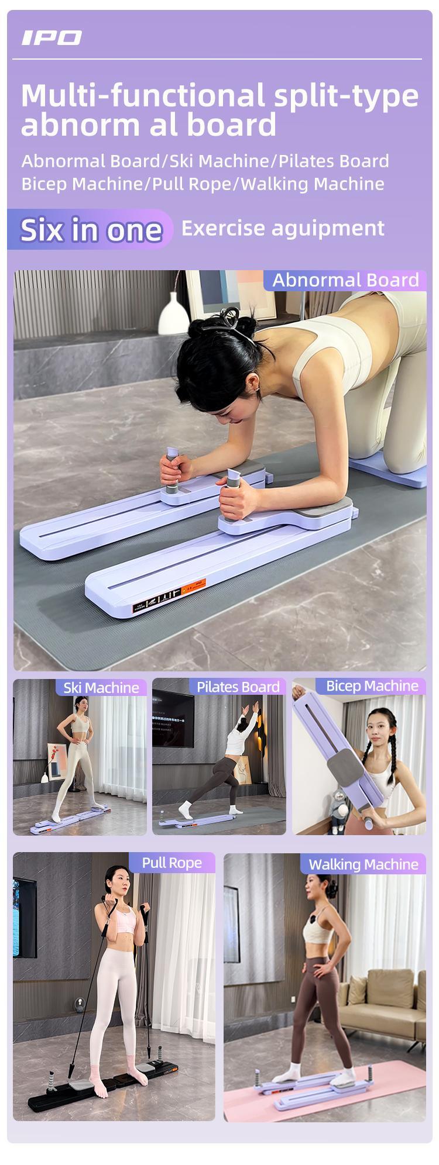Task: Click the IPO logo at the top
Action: click(x=52, y=38)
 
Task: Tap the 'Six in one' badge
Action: click(x=91, y=229)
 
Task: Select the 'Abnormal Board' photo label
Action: click(x=345, y=280)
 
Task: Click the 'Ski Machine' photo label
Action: click(x=101, y=687)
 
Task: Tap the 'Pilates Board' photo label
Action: click(x=238, y=687)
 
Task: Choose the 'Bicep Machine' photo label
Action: click(x=372, y=686)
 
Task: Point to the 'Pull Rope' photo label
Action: click(x=172, y=863)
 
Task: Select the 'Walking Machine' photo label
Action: click(x=363, y=864)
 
